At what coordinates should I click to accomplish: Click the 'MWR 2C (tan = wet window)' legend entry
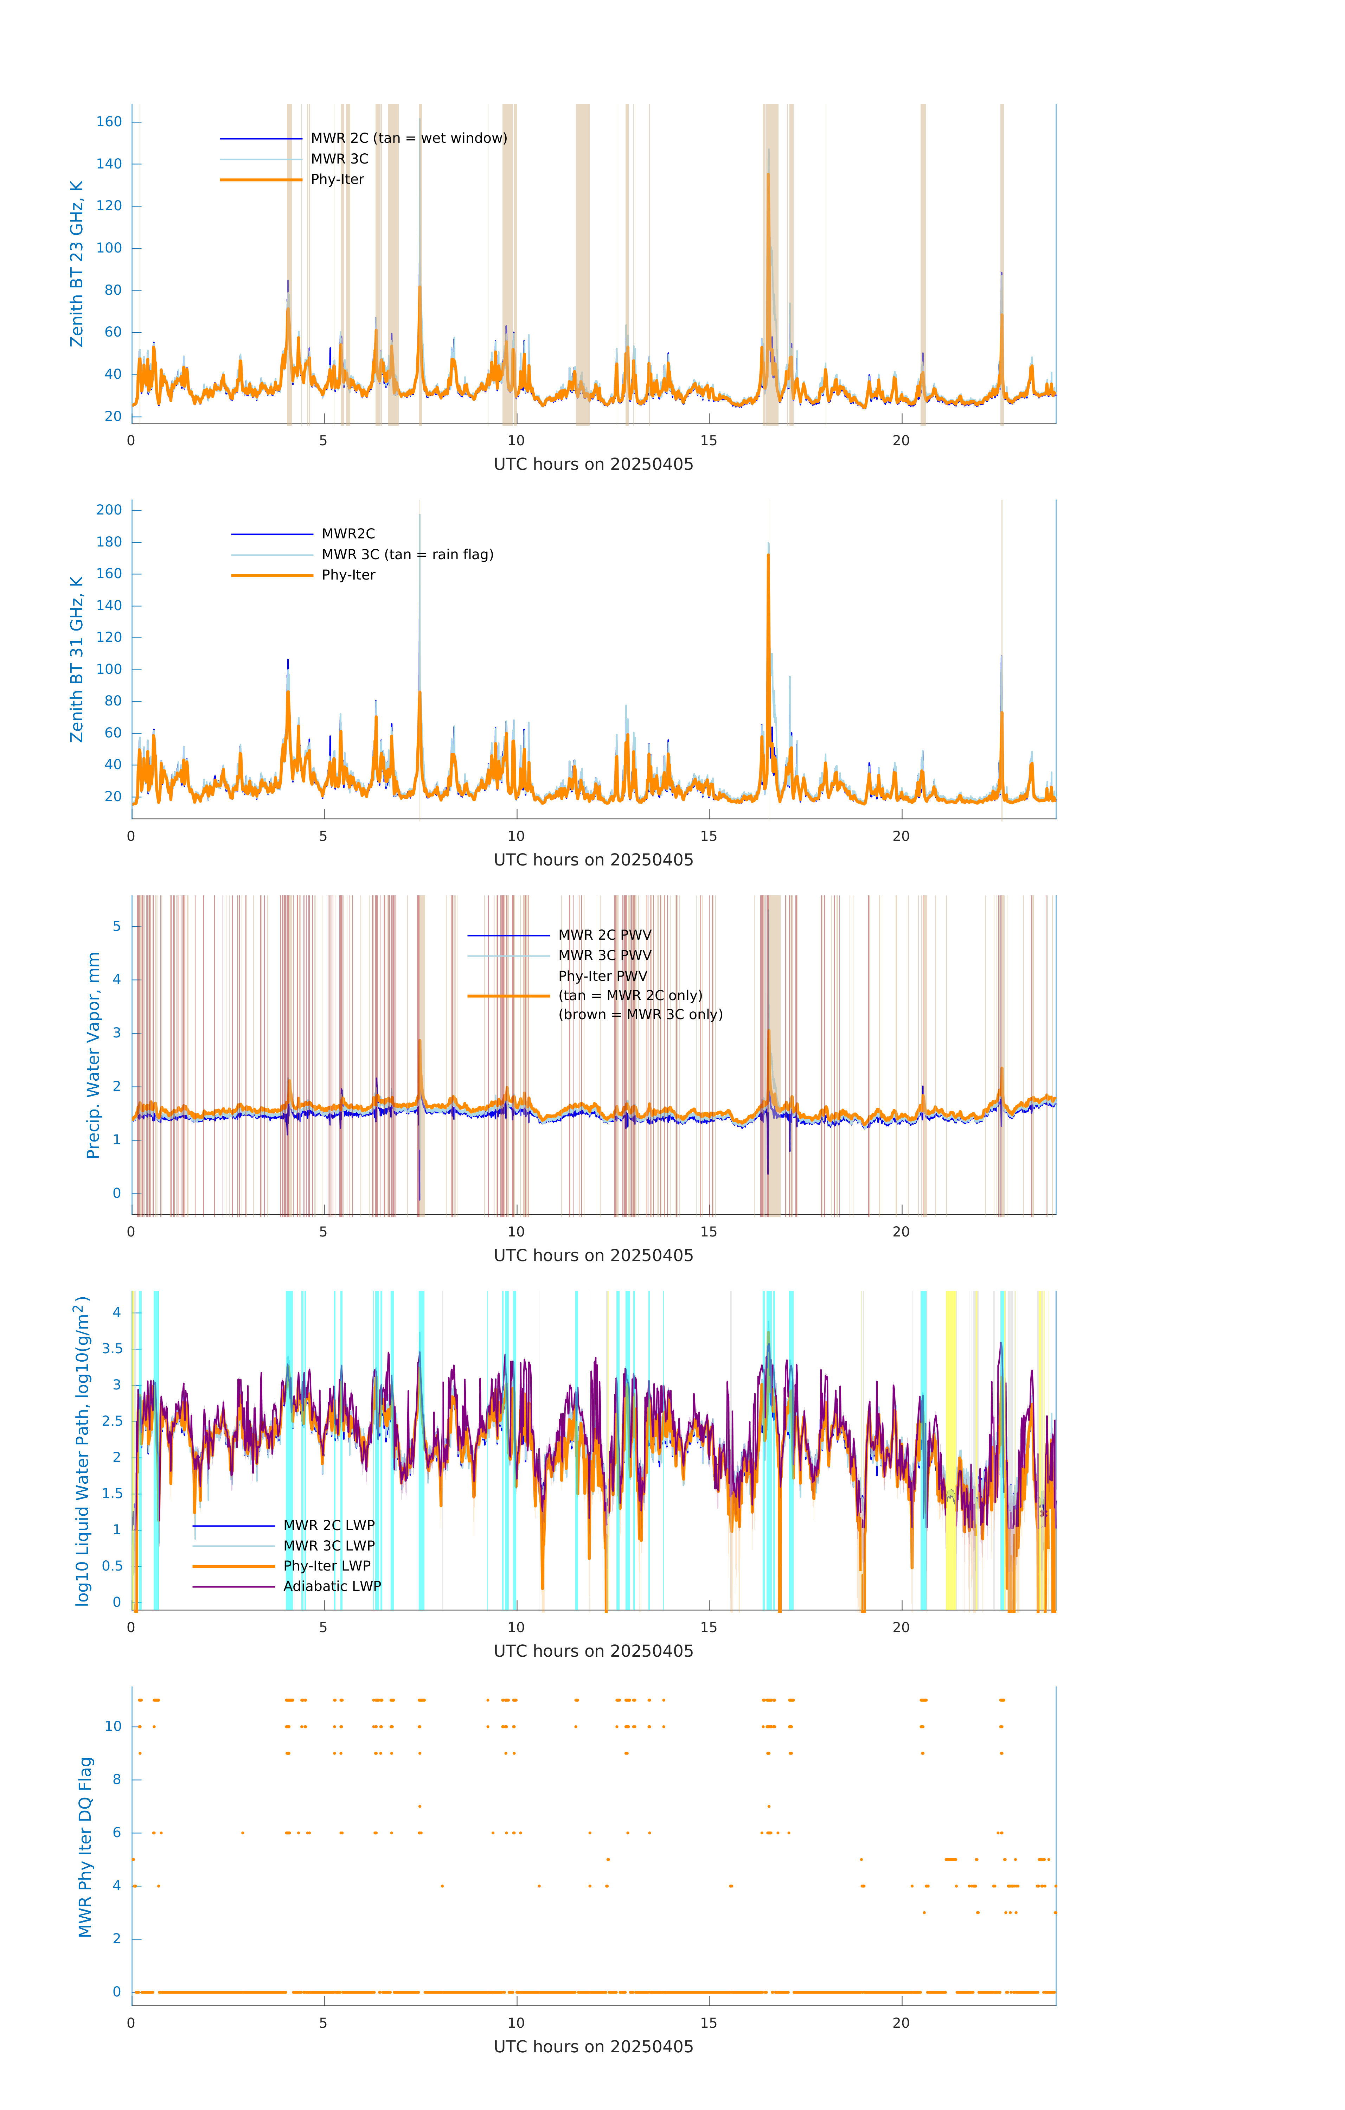(x=408, y=139)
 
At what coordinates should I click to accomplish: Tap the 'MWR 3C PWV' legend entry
(x=604, y=955)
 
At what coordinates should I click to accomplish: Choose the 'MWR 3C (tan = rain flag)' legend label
(x=408, y=555)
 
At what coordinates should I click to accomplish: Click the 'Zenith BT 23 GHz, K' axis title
(x=77, y=264)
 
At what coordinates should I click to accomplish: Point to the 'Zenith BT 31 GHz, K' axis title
(x=77, y=659)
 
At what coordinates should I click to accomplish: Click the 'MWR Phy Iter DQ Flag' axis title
(x=85, y=1846)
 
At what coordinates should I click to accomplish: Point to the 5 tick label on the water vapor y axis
(x=116, y=926)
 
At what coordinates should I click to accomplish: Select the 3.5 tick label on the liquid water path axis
(x=112, y=1349)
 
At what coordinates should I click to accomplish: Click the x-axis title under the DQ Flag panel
(x=593, y=2047)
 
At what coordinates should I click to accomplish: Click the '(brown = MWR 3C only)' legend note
(x=641, y=1015)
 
